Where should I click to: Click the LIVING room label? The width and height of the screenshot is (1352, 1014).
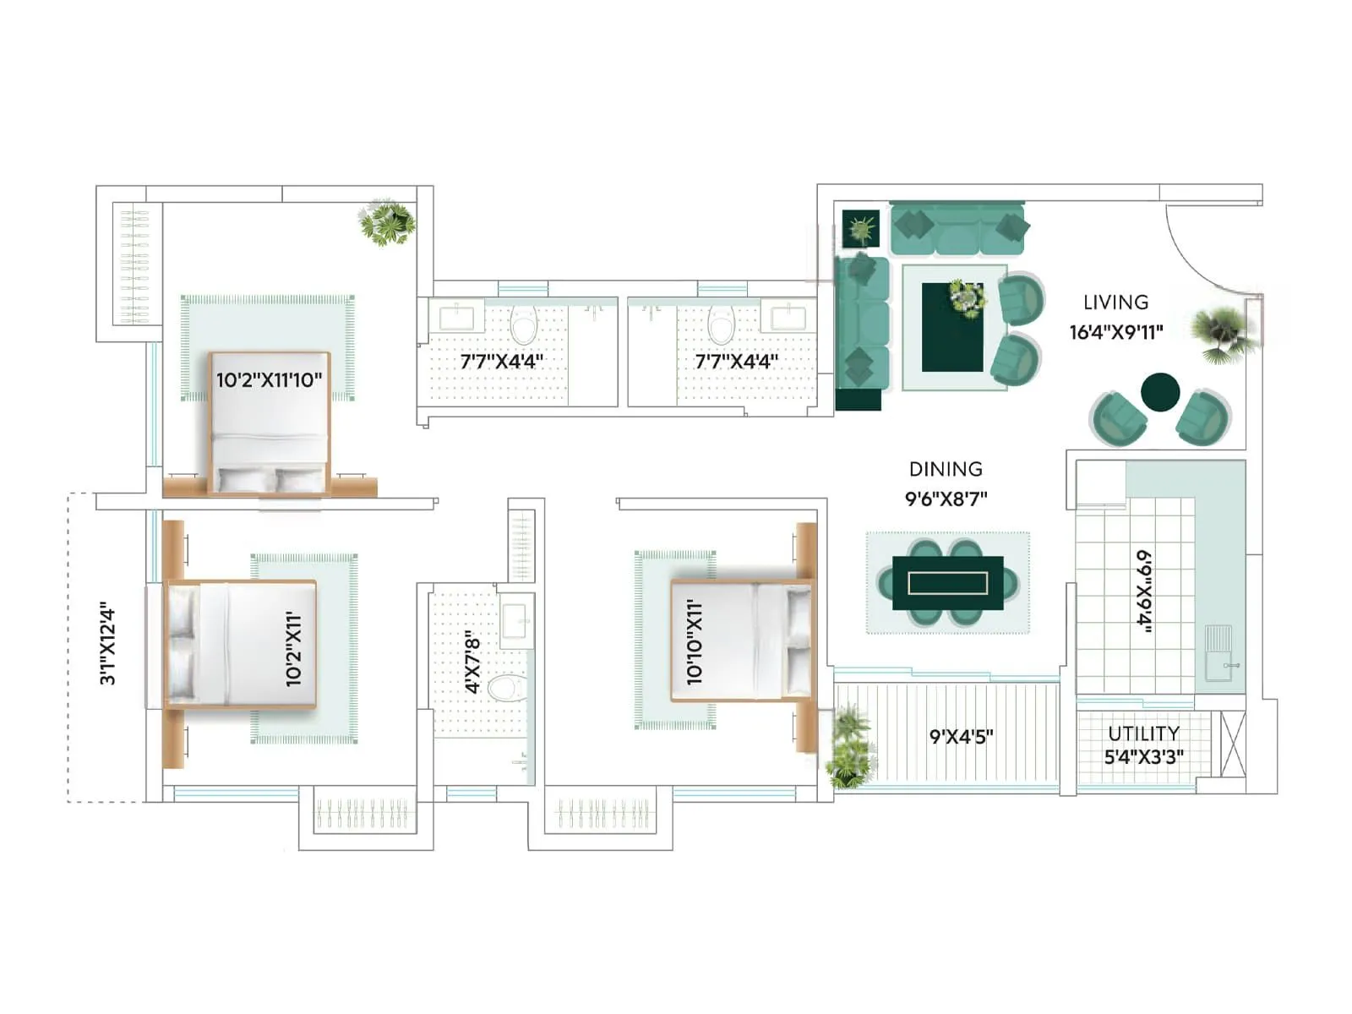pos(1115,303)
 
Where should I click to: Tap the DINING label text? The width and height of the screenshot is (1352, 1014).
pos(946,469)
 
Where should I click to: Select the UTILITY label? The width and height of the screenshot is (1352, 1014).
pos(1143,733)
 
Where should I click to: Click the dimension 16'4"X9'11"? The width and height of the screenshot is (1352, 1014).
pos(1115,332)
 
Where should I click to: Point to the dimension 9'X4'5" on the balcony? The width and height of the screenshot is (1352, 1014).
pos(961,736)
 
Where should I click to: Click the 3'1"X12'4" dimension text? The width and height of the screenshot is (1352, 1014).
pos(107,643)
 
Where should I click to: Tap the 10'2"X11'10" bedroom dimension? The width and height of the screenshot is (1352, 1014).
pos(269,380)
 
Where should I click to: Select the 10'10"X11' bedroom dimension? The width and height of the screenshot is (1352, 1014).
pos(695,642)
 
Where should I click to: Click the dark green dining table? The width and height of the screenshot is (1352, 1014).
pos(947,583)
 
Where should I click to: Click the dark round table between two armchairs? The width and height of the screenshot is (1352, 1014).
pos(1159,392)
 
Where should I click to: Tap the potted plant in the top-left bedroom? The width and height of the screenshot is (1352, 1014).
pos(386,222)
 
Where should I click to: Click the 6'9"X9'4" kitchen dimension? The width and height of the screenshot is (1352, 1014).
pos(1143,590)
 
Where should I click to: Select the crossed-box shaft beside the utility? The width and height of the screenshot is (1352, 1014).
pos(1233,743)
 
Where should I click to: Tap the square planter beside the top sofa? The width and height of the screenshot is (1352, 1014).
pos(861,228)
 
